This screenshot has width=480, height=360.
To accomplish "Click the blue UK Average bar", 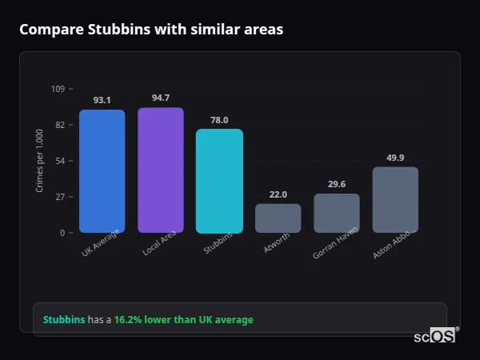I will [x=102, y=171].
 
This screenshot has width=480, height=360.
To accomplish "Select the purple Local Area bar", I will [x=161, y=170].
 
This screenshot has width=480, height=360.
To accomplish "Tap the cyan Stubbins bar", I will [x=219, y=181].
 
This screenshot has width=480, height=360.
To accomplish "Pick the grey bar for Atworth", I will [x=278, y=218].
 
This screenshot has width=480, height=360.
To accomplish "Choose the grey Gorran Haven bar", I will [x=337, y=214].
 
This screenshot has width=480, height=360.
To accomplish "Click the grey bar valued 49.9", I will [x=395, y=200].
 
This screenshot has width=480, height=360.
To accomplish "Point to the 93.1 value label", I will [x=102, y=101].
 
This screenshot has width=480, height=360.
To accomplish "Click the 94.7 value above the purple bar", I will [x=161, y=98].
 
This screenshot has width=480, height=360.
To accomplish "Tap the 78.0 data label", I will [x=219, y=120].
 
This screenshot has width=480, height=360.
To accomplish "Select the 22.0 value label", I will [x=278, y=194].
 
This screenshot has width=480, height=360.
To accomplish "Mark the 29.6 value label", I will [x=337, y=185].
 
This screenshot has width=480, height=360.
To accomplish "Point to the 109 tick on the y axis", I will [x=58, y=89].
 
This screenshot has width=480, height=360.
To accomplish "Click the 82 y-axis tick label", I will [x=60, y=125].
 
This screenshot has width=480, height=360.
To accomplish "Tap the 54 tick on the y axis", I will [x=60, y=161].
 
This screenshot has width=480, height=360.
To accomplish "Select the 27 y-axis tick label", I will [x=60, y=197].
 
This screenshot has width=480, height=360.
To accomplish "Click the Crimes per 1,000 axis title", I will [x=40, y=161].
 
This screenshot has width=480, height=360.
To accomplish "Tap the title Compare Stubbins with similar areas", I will [x=150, y=30].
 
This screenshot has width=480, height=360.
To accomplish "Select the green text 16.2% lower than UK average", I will [x=183, y=320].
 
